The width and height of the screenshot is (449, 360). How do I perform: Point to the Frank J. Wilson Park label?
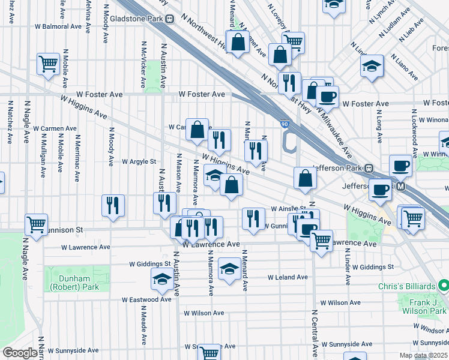click(424, 307)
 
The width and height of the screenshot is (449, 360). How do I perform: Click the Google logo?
click(20, 353)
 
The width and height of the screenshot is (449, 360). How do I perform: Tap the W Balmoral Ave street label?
click(58, 26)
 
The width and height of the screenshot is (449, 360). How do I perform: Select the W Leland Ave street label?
click(288, 277)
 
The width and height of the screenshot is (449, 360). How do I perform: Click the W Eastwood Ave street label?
click(147, 299)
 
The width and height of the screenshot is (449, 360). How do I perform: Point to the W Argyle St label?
click(139, 161)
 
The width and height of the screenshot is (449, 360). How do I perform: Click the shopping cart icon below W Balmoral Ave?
click(47, 62)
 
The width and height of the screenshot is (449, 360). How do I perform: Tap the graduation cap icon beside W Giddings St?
click(229, 268)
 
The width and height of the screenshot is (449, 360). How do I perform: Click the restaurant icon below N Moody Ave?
click(113, 205)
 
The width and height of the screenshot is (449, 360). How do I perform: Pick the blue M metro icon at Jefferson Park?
click(399, 187)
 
